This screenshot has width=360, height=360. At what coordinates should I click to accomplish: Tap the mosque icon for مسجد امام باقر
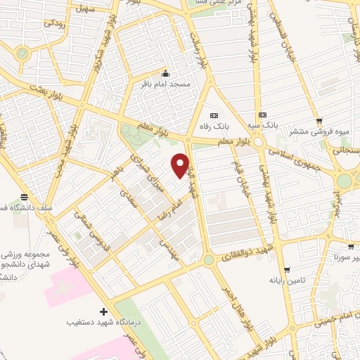(165, 74)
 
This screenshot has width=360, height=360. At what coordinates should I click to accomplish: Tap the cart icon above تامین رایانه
(286, 270)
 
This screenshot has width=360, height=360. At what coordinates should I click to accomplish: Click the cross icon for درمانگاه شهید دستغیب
(104, 311)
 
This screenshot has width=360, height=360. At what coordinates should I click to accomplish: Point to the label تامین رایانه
(285, 280)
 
